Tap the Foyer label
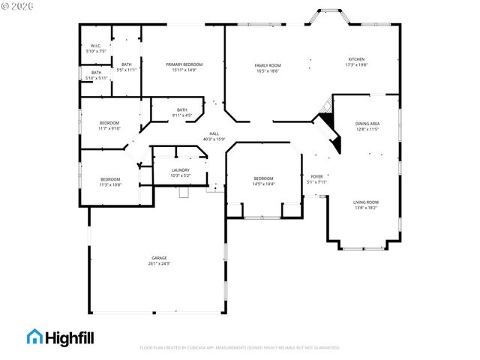[317, 178]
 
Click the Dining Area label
[367, 125]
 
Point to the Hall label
[214, 136]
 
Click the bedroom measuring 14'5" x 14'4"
[263, 181]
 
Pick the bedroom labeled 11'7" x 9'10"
[109, 125]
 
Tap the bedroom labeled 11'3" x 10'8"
[110, 181]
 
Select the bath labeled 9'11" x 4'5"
[182, 112]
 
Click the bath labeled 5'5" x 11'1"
[126, 67]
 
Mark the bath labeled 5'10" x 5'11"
[96, 75]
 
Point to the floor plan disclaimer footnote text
[239, 348]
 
